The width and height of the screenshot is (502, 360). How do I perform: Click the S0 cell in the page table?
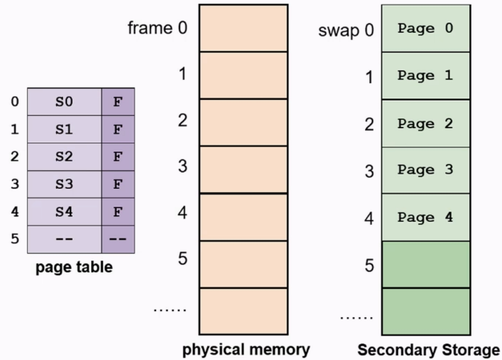64,102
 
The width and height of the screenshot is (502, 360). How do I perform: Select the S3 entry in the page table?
64,184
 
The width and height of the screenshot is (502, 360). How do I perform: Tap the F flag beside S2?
118,156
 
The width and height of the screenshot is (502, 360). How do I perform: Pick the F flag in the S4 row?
118,212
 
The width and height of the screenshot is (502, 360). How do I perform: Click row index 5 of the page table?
15,239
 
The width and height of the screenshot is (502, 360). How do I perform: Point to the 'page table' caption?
74,267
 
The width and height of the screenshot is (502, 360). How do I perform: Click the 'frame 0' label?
157,28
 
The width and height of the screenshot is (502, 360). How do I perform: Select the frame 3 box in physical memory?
243,169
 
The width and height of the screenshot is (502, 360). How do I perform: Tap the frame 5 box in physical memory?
243,264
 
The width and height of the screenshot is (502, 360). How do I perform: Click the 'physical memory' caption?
246,349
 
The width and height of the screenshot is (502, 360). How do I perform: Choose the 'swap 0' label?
346,30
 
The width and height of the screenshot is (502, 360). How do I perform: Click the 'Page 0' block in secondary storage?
426,28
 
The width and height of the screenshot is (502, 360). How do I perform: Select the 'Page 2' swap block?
426,123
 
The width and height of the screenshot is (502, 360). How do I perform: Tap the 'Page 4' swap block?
426,217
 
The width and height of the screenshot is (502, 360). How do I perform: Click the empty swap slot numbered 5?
426,264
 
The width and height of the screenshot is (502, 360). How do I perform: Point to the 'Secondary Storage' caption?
429,350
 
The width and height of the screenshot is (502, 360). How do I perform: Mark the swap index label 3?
369,171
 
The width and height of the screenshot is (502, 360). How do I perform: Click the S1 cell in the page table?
64,129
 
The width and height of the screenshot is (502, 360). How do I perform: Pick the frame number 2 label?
183,120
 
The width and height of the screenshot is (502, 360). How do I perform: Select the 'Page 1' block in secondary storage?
426,76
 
